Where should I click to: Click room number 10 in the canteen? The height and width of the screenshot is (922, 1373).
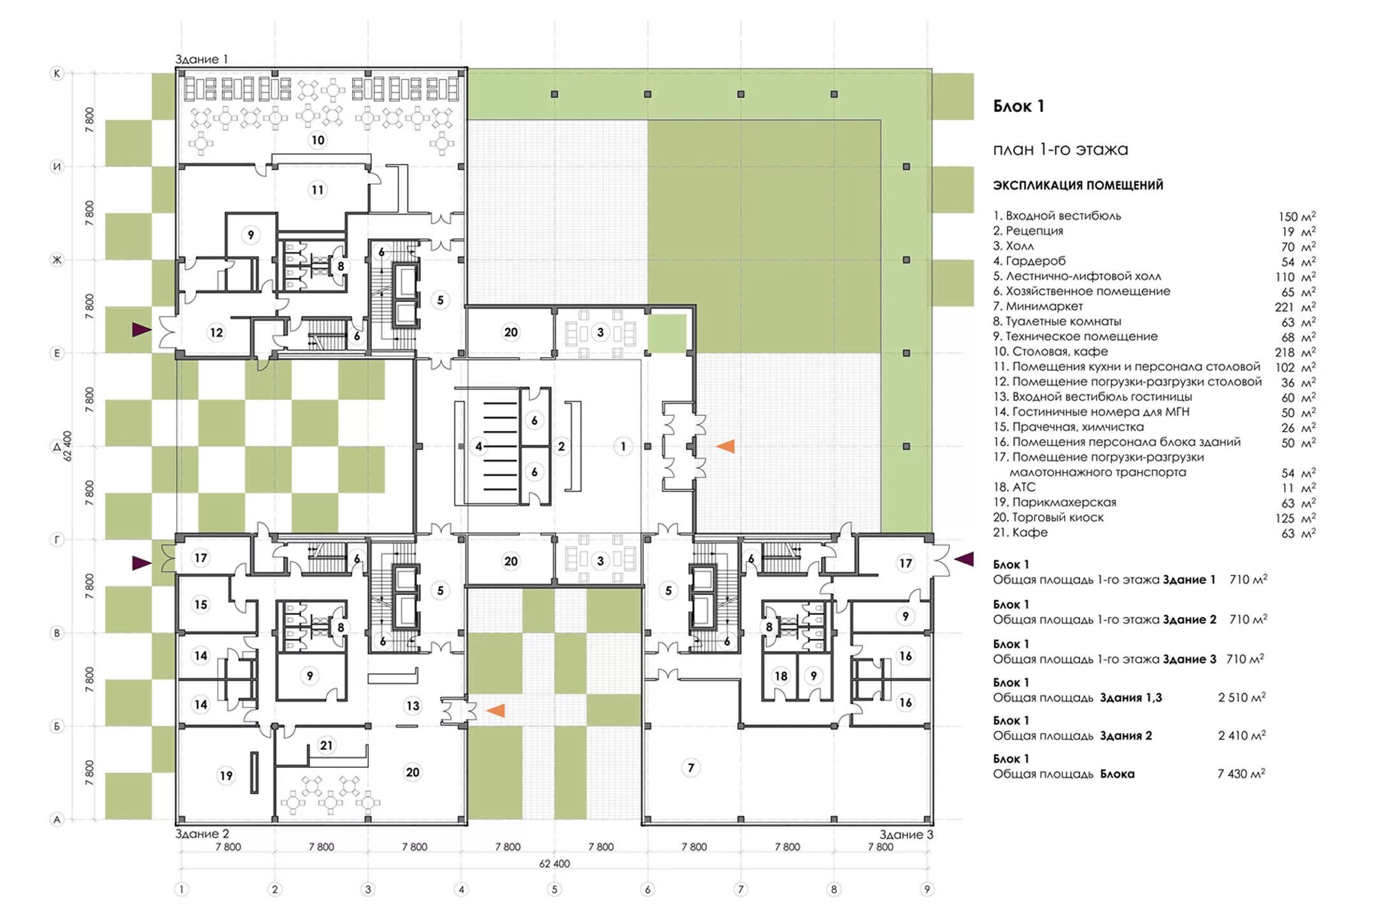tap(318, 140)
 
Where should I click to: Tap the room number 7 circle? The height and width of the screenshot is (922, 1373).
tap(691, 768)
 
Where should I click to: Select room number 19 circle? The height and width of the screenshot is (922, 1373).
tap(226, 775)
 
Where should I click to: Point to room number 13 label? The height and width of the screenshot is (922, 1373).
tap(413, 705)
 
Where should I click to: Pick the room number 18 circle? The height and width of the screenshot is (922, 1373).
tap(781, 676)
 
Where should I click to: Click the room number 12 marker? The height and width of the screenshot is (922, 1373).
tap(217, 332)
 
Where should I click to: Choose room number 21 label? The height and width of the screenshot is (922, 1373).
tap(326, 745)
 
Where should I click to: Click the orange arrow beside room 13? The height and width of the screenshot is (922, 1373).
tap(495, 710)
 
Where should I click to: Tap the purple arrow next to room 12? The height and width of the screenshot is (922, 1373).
tap(141, 329)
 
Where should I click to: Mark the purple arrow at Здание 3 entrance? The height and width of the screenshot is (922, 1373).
tap(964, 559)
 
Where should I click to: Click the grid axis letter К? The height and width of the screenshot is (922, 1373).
tap(57, 74)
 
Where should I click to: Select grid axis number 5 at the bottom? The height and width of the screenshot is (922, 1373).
tap(554, 889)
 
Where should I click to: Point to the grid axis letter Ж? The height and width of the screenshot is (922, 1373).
tap(57, 260)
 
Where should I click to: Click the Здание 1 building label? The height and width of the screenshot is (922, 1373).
tap(201, 59)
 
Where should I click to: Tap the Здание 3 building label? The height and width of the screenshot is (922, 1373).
tap(906, 834)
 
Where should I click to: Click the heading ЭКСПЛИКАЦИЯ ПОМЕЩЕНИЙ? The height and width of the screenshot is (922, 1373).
tap(1078, 185)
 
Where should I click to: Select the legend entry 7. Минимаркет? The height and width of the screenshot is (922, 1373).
tap(1038, 306)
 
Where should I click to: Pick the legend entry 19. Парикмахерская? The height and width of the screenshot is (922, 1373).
tap(1055, 503)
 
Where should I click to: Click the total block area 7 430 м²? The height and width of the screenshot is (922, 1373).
tap(1241, 774)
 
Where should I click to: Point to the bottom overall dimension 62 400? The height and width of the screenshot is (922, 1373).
tap(554, 864)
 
